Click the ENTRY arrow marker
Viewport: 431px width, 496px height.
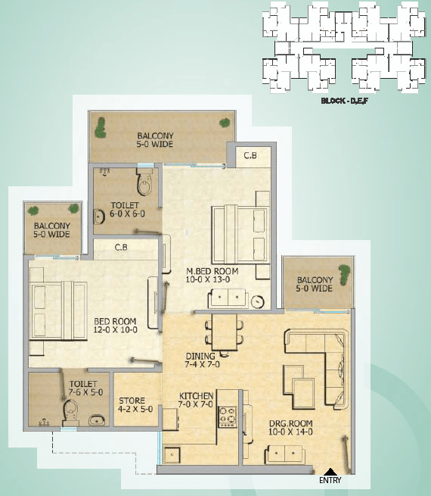tap(330, 471)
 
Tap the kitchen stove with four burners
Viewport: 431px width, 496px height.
tap(227, 417)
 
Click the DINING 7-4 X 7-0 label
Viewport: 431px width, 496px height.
tap(202, 360)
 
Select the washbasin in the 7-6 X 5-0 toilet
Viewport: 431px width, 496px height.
tap(97, 420)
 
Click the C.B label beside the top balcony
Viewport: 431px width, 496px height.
tap(250, 155)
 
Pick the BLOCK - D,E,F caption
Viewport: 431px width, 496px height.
tap(344, 101)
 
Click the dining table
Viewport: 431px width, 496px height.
tap(225, 332)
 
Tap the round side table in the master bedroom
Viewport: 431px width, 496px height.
tap(258, 301)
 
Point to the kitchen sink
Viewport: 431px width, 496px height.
tap(172, 455)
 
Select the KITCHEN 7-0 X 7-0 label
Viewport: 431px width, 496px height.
tap(196, 400)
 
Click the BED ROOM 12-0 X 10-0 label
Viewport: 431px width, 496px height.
tap(115, 325)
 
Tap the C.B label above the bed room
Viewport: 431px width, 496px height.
tap(121, 247)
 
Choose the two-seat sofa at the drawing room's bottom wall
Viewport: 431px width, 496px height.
tap(284, 454)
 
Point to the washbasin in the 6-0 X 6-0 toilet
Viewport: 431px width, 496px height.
tap(99, 217)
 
